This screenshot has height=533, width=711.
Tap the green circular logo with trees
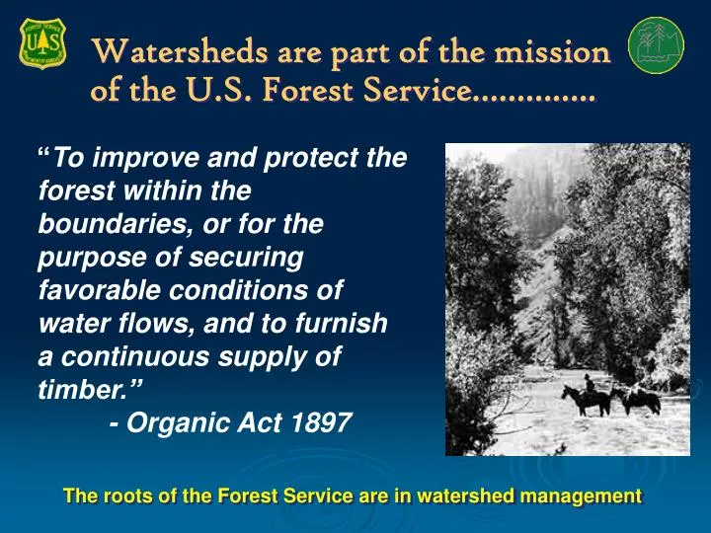coord(657,44)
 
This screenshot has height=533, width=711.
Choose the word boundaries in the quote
coord(108,224)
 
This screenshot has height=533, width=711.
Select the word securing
coord(256,258)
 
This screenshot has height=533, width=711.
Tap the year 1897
coord(322,423)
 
